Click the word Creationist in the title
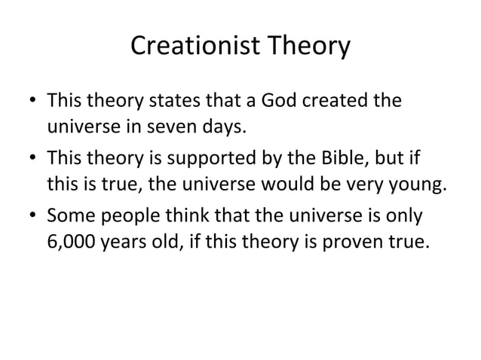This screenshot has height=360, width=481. pos(195,47)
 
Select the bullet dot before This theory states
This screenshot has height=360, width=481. pos(32,101)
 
